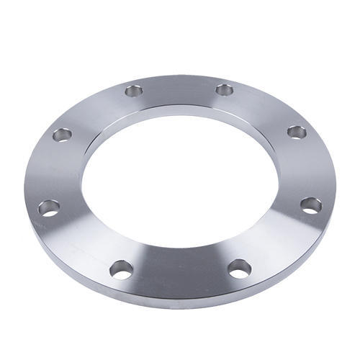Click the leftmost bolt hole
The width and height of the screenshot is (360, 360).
(x=49, y=208)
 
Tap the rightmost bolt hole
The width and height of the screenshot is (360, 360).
(x=311, y=205)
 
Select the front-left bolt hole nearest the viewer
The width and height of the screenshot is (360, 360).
(x=121, y=270)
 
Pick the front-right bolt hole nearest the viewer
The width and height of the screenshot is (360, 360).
(x=240, y=269)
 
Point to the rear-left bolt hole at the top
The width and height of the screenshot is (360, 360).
(x=134, y=91)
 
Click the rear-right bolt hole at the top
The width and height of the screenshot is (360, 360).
(x=225, y=90)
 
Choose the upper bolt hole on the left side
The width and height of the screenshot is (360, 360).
(x=63, y=134)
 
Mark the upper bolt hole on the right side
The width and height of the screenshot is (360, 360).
(x=297, y=132)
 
